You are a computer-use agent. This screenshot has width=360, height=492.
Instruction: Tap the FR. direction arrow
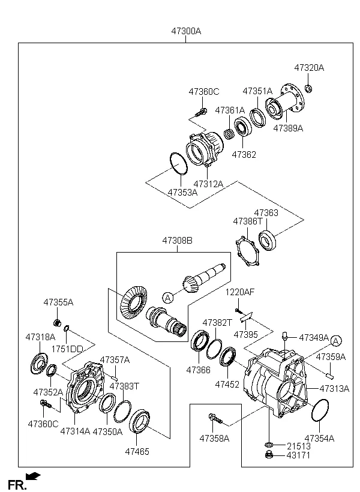34,476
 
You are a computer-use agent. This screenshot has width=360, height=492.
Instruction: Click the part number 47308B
176,241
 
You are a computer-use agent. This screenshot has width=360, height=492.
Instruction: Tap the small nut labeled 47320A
308,89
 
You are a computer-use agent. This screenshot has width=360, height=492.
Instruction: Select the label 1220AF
240,292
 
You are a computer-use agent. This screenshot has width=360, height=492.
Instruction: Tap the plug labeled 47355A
52,325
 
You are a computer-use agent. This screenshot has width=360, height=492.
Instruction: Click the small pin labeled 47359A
329,376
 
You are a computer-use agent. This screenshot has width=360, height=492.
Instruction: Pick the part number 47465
137,451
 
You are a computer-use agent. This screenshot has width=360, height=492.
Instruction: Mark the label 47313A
334,388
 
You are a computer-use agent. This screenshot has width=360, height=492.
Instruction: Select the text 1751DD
67,349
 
